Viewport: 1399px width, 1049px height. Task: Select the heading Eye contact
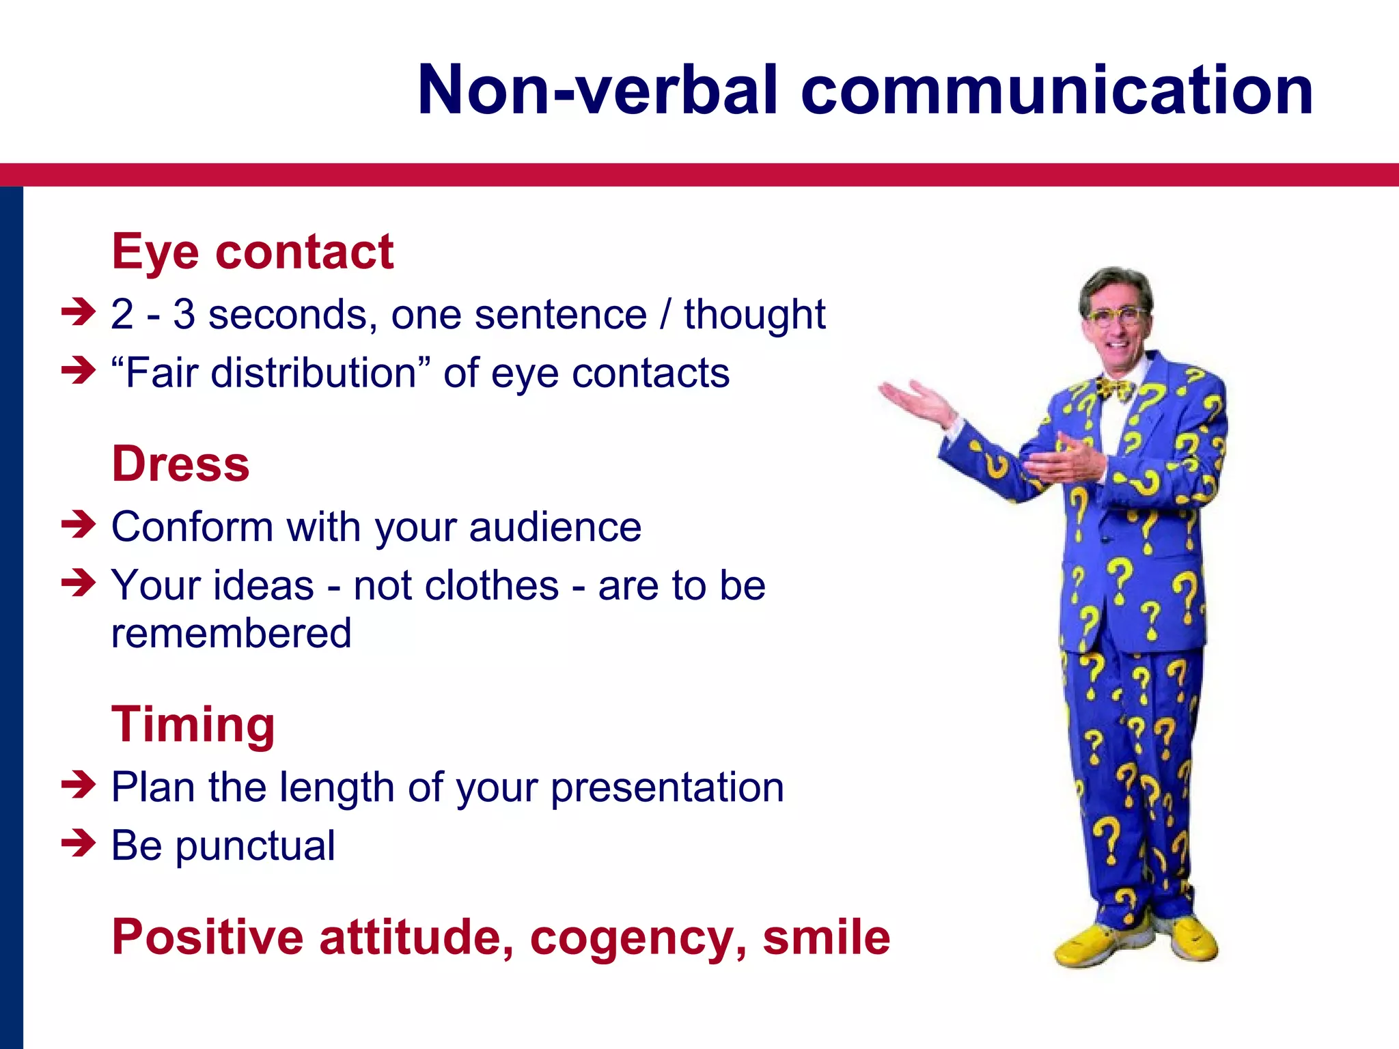click(x=252, y=252)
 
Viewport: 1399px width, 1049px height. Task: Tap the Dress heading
click(x=180, y=464)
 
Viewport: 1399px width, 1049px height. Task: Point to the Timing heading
click(x=193, y=724)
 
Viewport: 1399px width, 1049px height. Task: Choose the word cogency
click(x=637, y=938)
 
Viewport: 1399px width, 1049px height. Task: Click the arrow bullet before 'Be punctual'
click(x=78, y=843)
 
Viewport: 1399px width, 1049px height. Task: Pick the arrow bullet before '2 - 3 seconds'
click(x=78, y=312)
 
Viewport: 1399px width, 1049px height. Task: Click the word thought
click(x=754, y=316)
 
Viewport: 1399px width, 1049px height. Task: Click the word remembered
click(x=231, y=633)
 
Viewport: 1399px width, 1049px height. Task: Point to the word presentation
click(x=667, y=788)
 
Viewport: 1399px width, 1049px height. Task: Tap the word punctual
click(x=255, y=847)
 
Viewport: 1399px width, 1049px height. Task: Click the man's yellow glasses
click(x=1115, y=316)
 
